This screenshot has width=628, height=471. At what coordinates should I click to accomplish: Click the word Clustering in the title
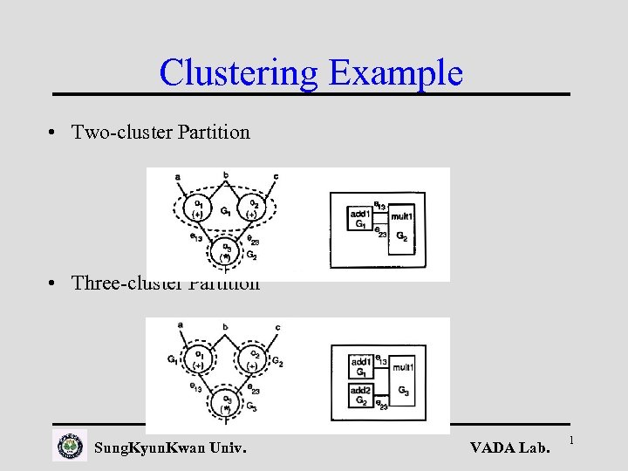tap(239, 72)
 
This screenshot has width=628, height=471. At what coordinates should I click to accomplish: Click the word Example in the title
tap(395, 72)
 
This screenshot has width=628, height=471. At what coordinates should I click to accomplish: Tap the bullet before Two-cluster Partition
tap(54, 133)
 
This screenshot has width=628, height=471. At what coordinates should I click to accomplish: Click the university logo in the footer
tap(70, 447)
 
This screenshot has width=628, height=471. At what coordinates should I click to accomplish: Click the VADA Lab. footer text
tap(510, 448)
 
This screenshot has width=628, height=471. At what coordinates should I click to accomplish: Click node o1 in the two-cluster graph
tap(199, 208)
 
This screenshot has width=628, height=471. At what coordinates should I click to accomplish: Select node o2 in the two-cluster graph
tap(252, 208)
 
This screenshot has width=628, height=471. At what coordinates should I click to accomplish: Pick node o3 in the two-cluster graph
tap(225, 251)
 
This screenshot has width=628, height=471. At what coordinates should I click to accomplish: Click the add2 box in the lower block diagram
tap(361, 393)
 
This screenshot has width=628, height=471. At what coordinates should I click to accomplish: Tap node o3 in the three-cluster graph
tap(225, 403)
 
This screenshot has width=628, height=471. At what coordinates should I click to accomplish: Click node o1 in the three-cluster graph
tap(199, 360)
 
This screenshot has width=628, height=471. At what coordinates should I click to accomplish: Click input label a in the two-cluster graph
tap(179, 178)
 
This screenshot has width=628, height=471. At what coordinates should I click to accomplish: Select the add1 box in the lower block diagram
tap(360, 365)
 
